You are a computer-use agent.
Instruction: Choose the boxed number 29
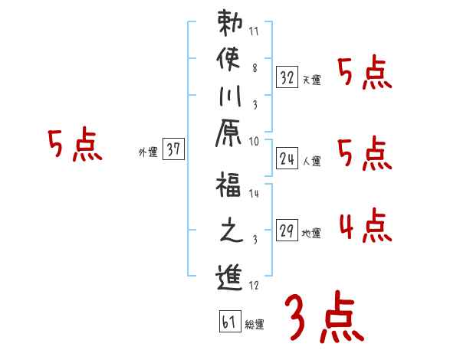point(287,230)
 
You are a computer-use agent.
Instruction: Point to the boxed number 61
point(228,321)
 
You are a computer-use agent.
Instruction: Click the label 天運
point(311,80)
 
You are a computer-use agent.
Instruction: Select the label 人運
point(311,162)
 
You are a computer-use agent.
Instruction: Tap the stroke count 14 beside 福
point(254,194)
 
